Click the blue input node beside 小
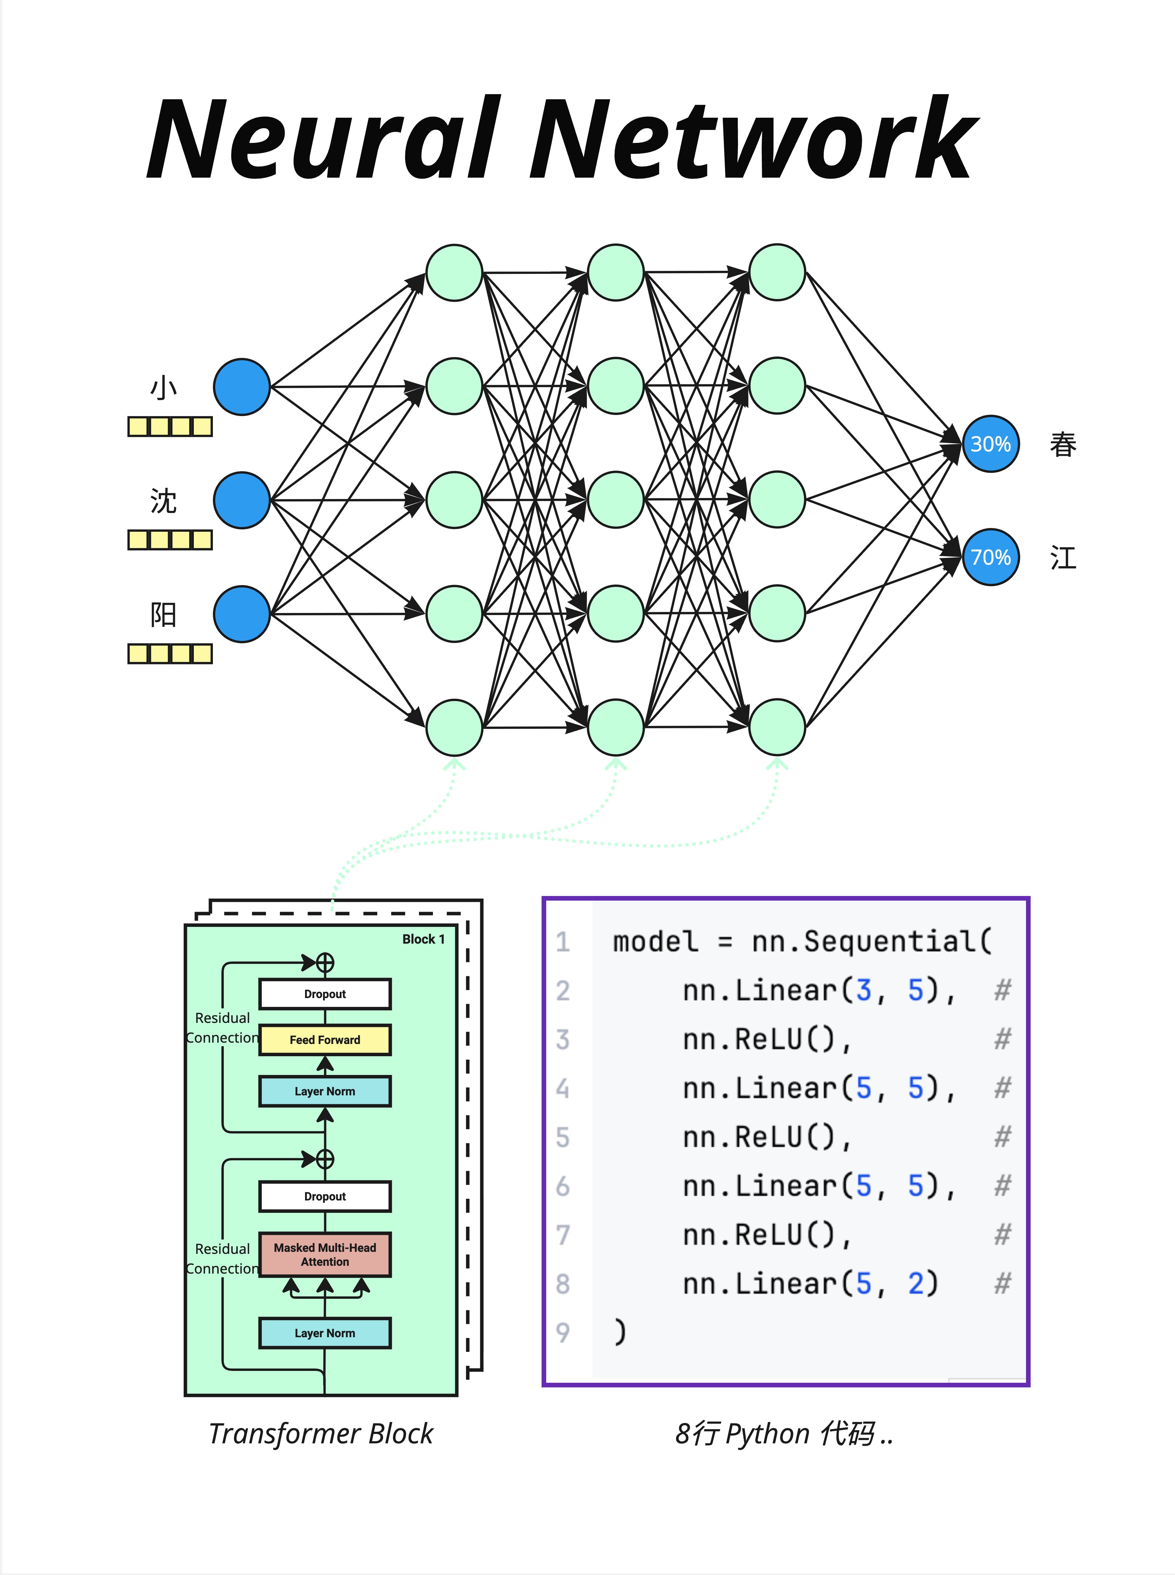242,387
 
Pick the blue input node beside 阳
242,614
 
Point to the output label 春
1063,445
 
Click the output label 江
1063,558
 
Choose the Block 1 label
423,939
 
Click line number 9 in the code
563,1332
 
